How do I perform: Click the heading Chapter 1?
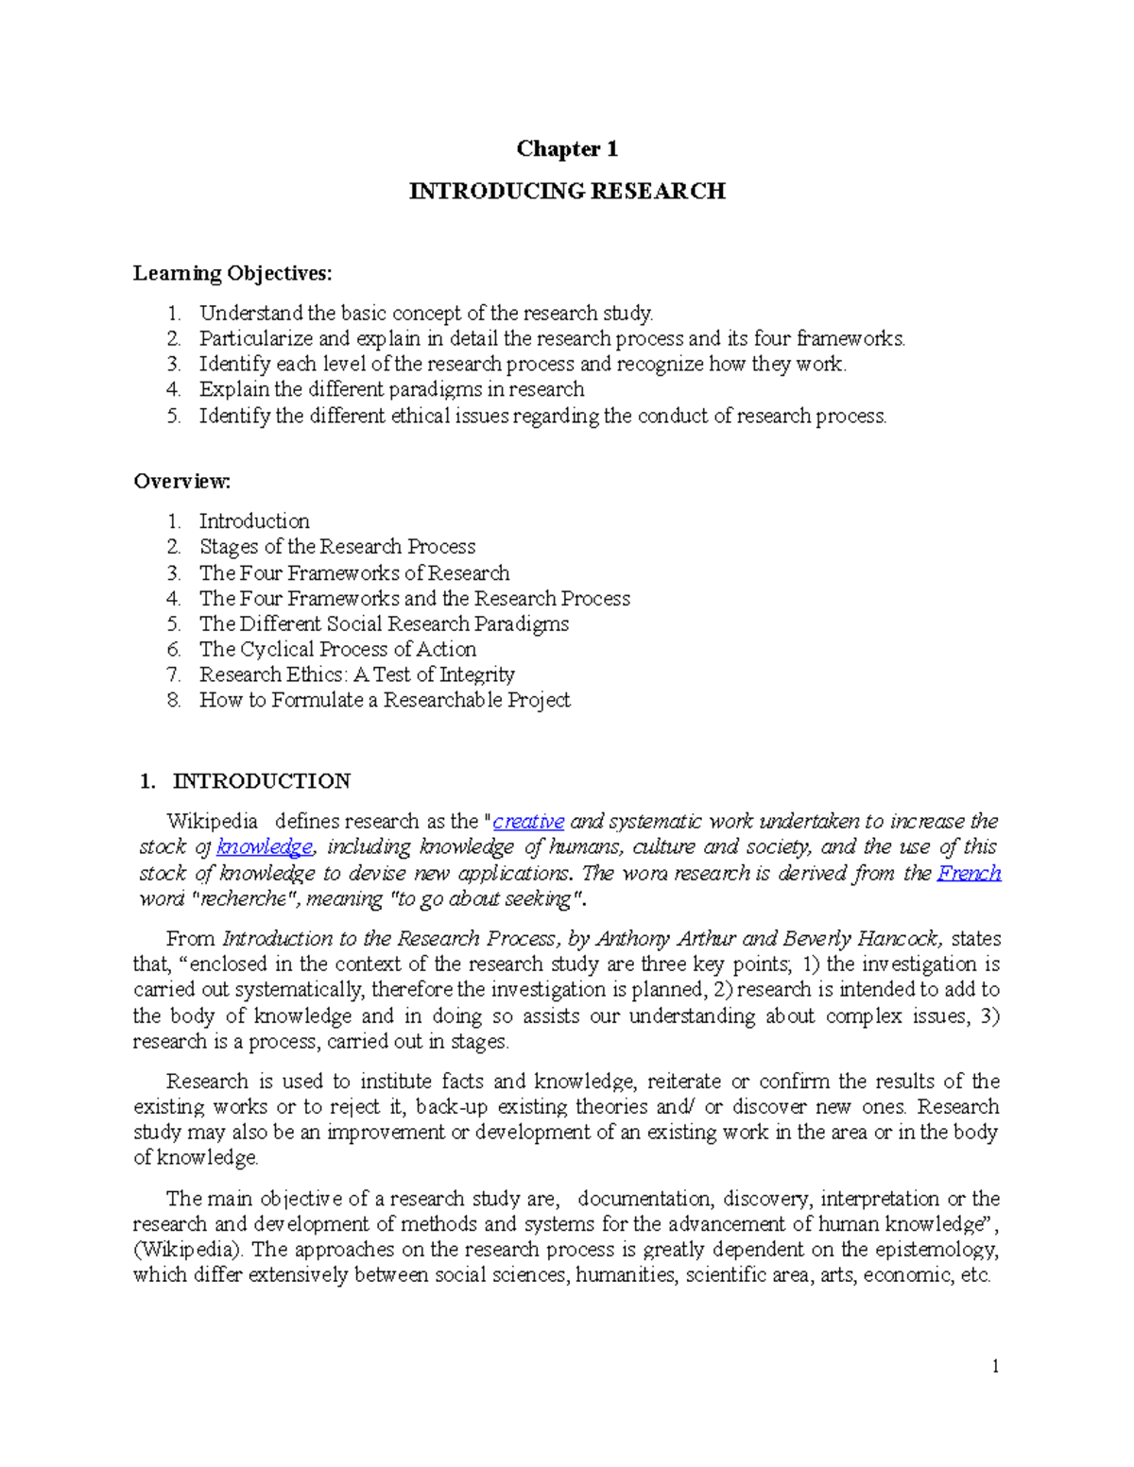tap(567, 148)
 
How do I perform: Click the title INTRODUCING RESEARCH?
tap(567, 191)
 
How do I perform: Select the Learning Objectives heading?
tap(232, 273)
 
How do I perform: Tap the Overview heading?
tap(181, 481)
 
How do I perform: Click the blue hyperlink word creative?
tap(528, 821)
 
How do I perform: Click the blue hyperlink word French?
tap(969, 873)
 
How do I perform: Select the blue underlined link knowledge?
tap(265, 846)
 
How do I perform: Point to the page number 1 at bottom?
tap(995, 1366)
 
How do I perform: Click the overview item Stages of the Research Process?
tap(337, 546)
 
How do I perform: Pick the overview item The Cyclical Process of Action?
tap(337, 649)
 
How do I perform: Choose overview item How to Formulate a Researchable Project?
tap(385, 700)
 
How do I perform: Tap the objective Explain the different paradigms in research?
tap(391, 389)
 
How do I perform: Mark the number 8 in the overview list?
tap(173, 700)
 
